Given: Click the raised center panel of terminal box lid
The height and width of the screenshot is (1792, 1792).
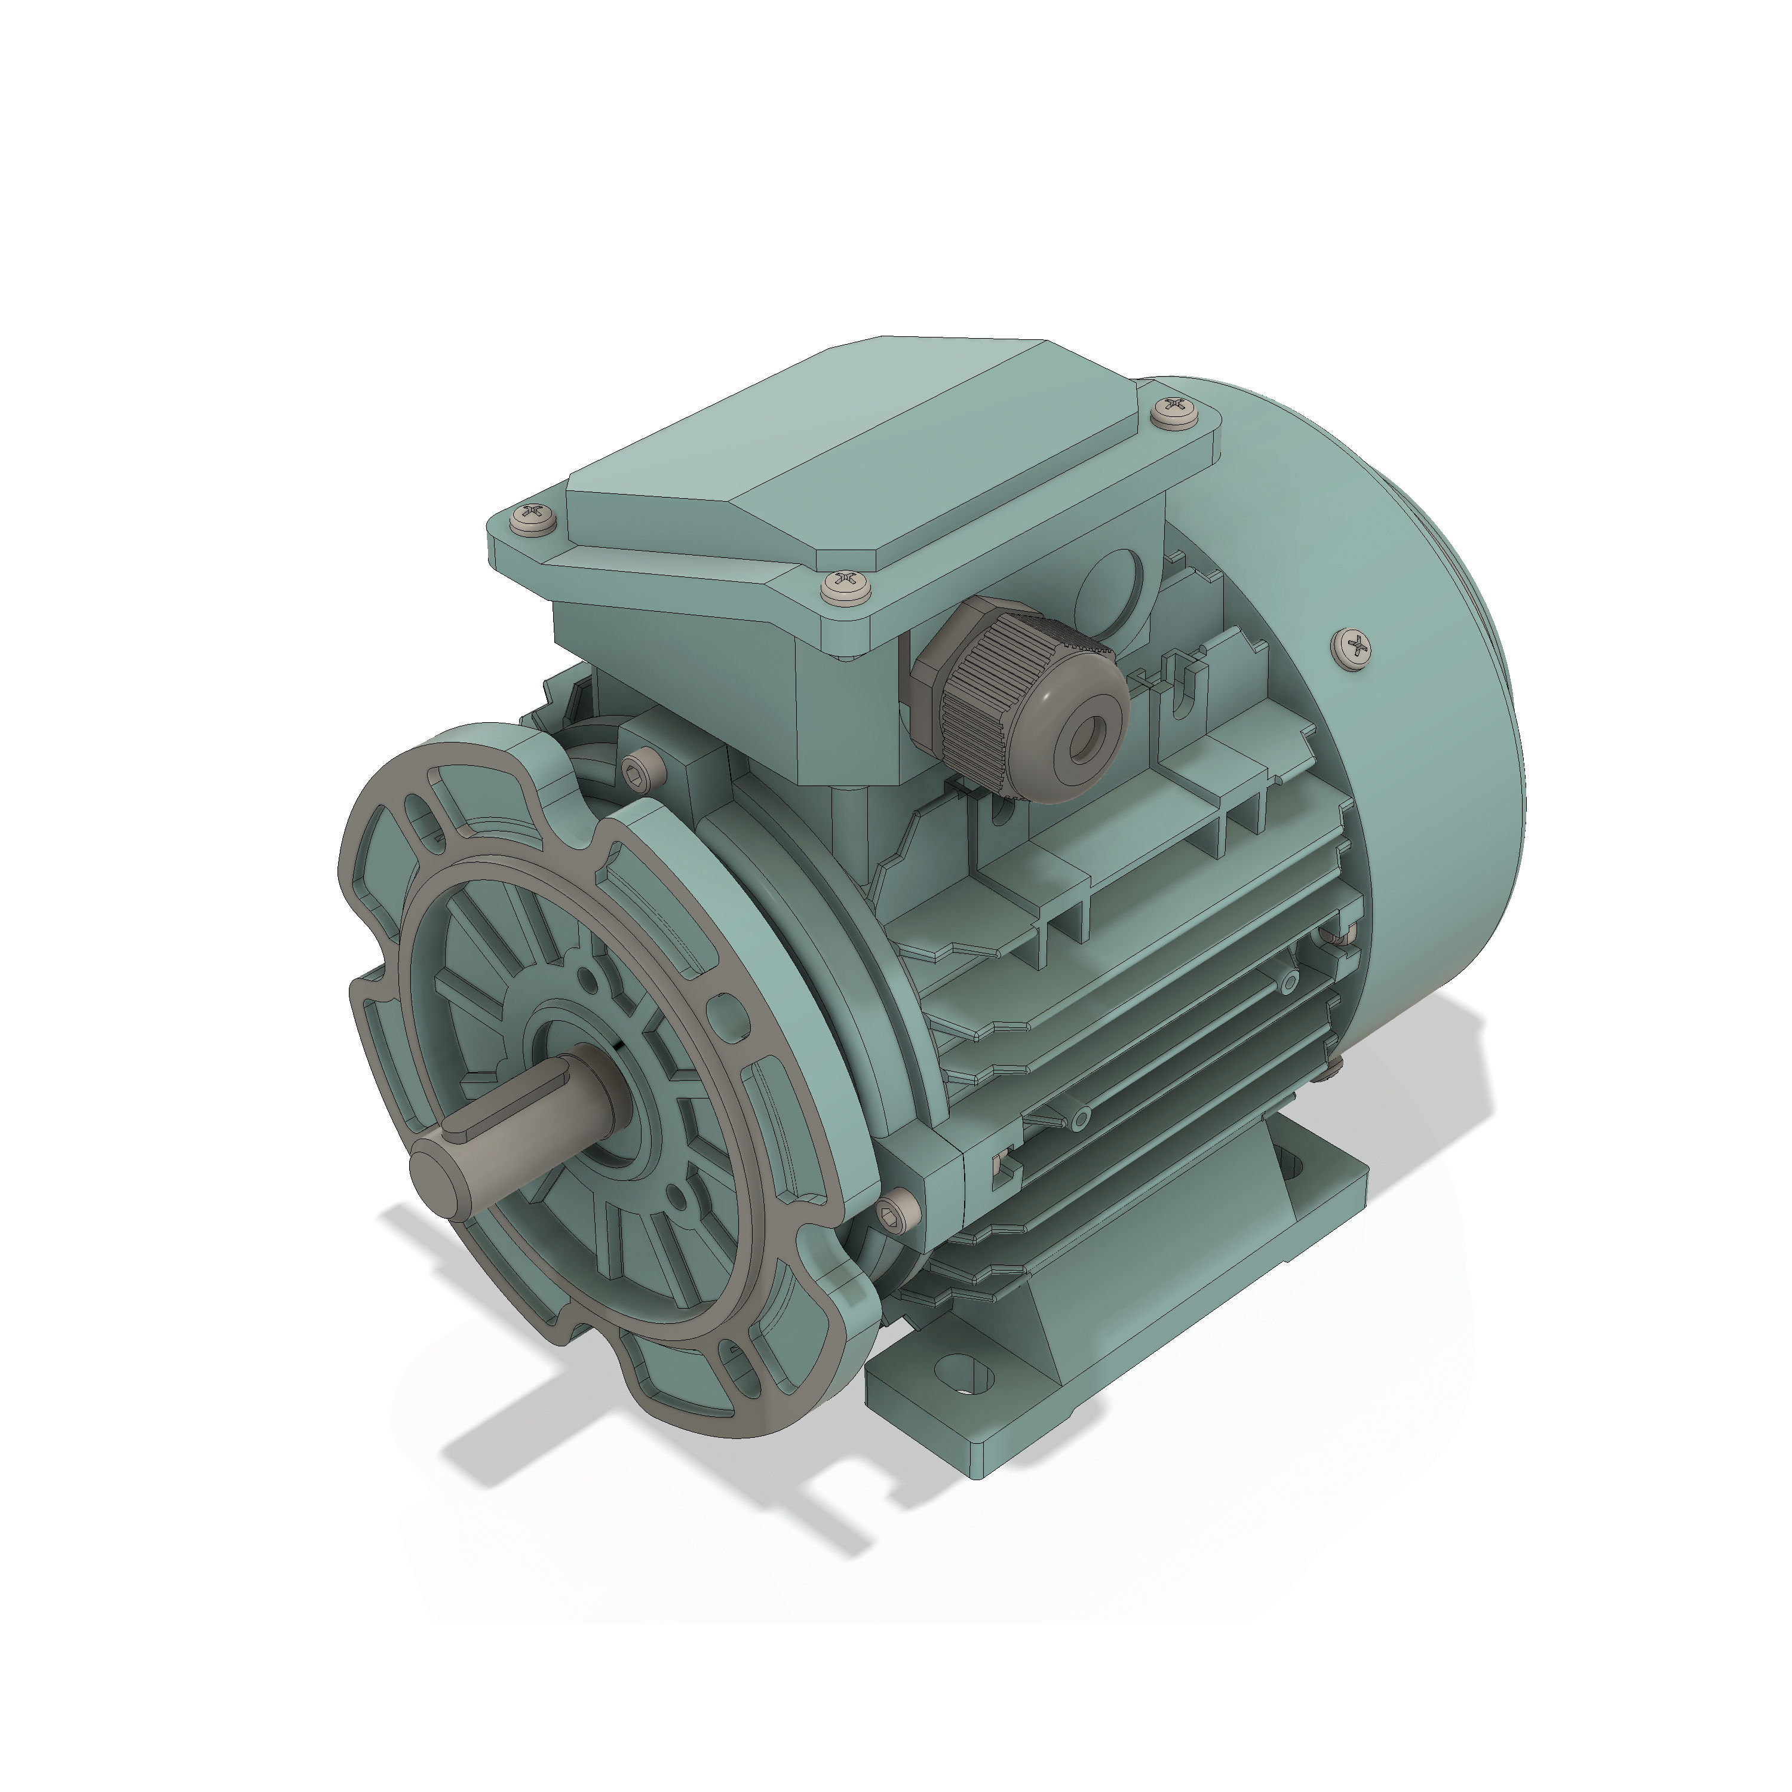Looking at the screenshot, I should click(835, 445).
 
